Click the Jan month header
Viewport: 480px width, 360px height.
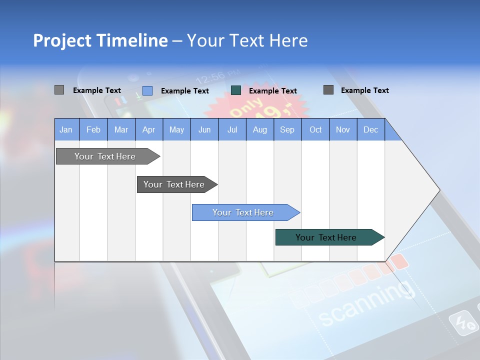(x=66, y=130)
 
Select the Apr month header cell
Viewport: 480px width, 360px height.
(x=148, y=130)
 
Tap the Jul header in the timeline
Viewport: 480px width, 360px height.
(x=232, y=130)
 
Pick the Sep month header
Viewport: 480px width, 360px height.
(x=287, y=130)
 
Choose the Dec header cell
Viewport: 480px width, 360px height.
(x=370, y=130)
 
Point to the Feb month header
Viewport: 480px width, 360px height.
(x=93, y=130)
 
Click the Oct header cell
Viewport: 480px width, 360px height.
(x=315, y=130)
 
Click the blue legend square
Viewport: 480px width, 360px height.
(x=147, y=90)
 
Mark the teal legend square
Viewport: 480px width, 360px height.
(x=236, y=90)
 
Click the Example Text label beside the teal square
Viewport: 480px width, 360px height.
(x=272, y=91)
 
